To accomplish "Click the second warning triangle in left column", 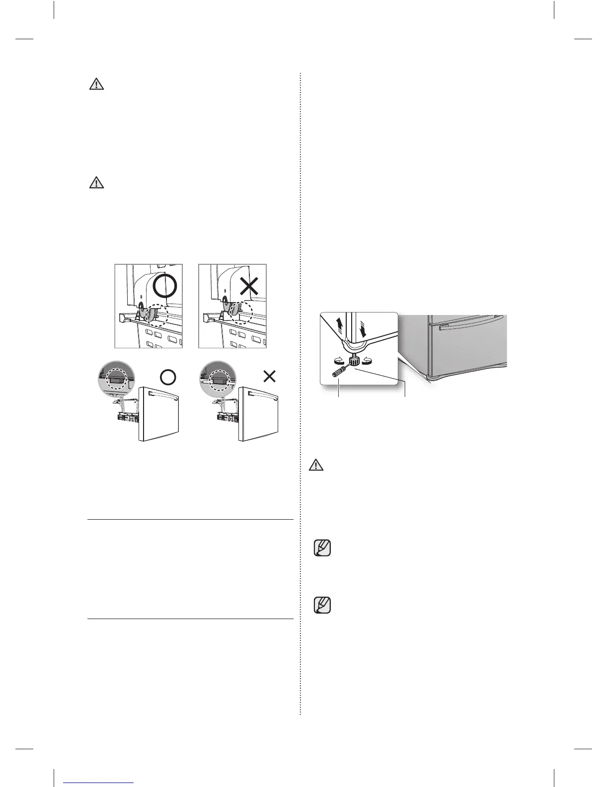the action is tap(96, 183).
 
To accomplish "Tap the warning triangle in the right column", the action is tap(316, 465).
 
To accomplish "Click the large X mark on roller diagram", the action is tap(249, 287).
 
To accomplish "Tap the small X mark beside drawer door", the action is tap(269, 377).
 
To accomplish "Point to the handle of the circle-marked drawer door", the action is tap(160, 395).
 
